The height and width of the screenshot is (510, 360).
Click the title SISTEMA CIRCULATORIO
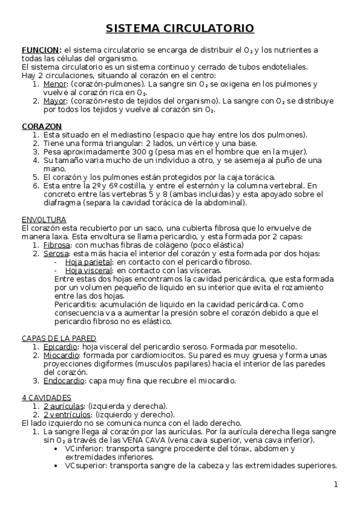coord(180,28)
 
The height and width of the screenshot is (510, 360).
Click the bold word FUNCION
coord(40,49)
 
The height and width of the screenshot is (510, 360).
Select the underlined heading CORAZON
coord(41,126)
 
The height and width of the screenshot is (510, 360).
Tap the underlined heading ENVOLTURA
coord(44,220)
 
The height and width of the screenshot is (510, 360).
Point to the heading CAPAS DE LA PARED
coord(58,338)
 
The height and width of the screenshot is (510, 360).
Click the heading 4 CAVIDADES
coord(46,398)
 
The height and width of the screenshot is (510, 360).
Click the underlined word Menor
coord(55,84)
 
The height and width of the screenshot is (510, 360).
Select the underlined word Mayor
coord(55,101)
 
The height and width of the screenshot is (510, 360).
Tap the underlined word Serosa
coord(56,254)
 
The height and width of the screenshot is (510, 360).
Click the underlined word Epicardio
coord(60,346)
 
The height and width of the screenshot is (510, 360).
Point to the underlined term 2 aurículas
coord(65,406)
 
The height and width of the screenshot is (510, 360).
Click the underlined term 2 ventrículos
coord(68,414)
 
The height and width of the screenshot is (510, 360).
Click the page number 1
coord(337,485)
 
